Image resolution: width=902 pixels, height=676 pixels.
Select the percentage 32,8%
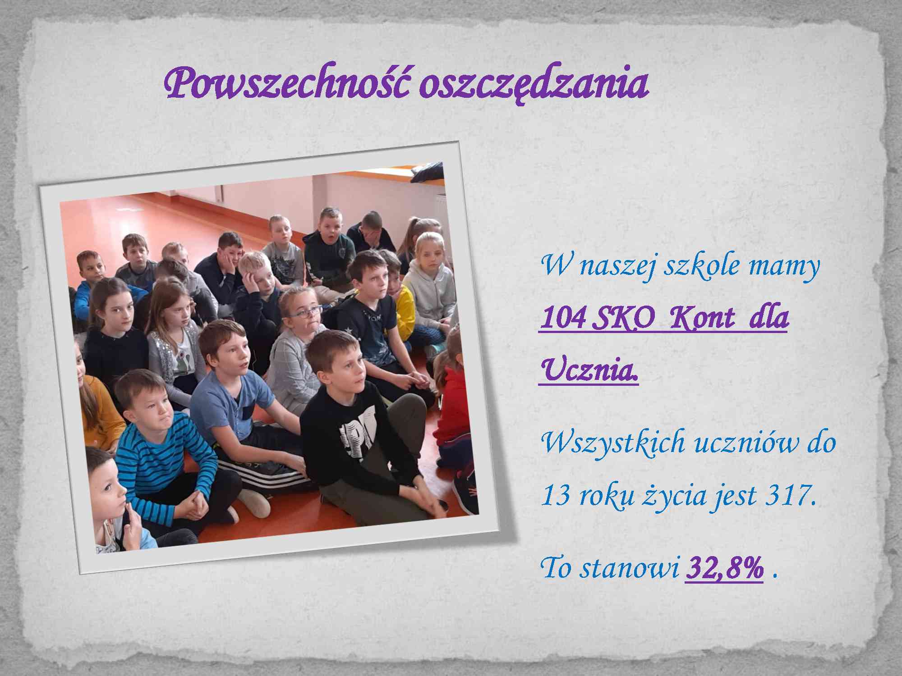click(x=724, y=569)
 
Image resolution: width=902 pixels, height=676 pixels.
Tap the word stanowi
click(x=630, y=569)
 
